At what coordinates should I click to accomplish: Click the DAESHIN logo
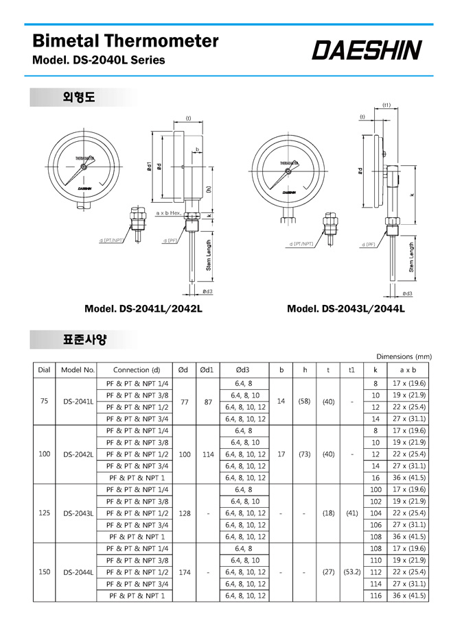click(x=367, y=49)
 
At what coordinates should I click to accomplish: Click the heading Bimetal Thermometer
click(x=126, y=40)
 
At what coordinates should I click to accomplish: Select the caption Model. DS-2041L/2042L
click(x=143, y=308)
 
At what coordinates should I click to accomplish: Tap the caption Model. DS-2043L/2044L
click(x=346, y=308)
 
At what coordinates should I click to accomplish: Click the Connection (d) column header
click(x=137, y=369)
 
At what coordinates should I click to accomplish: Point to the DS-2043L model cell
click(x=78, y=513)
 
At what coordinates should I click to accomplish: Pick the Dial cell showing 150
click(x=45, y=572)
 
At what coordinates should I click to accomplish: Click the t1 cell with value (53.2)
click(x=351, y=572)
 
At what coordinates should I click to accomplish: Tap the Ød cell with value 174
click(x=183, y=572)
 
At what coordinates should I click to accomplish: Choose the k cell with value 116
click(x=375, y=596)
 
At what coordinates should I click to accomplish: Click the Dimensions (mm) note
click(x=405, y=356)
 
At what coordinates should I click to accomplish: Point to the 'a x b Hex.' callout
click(x=167, y=214)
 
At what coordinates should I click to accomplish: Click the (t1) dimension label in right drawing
click(x=386, y=105)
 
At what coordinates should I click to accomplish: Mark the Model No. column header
click(x=78, y=369)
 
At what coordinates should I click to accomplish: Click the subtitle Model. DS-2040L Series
click(x=99, y=60)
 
